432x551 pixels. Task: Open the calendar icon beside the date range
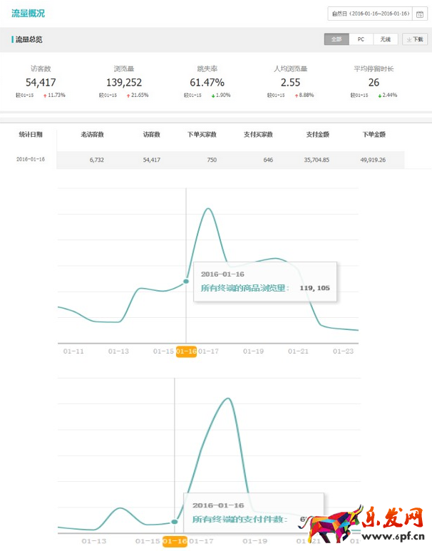[419, 14]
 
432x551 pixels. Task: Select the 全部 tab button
[336, 40]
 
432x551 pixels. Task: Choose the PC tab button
[361, 40]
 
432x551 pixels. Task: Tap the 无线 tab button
[385, 40]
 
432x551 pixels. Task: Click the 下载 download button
[415, 40]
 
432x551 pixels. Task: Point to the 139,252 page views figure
[123, 83]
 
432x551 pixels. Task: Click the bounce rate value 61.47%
[207, 83]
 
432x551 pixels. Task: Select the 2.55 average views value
[290, 83]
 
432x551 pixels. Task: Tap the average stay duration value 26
[374, 83]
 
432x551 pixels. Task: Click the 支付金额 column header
[317, 134]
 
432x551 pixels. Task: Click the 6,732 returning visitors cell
[97, 160]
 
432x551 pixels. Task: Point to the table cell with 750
[212, 160]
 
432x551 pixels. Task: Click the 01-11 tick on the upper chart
[73, 351]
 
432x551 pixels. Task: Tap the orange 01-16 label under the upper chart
[186, 351]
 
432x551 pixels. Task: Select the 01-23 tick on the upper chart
[344, 351]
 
